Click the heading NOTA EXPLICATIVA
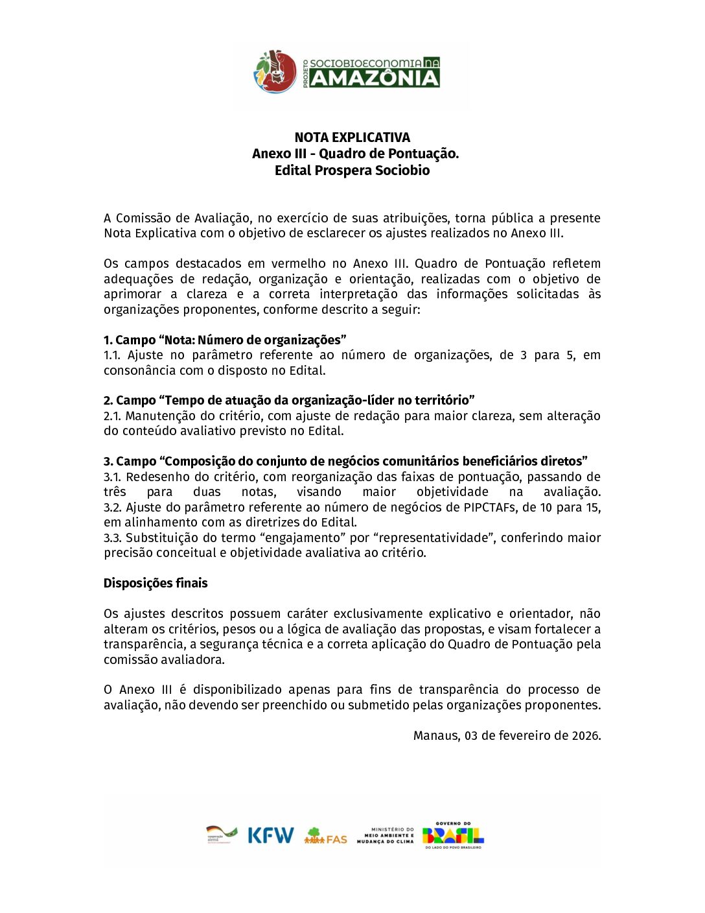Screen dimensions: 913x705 tap(352, 137)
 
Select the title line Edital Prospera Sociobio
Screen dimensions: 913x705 tap(352, 171)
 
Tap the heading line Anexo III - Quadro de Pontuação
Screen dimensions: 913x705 tap(355, 154)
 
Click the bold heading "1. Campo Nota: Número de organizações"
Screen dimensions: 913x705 tap(225, 340)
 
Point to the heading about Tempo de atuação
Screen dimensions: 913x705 tap(289, 400)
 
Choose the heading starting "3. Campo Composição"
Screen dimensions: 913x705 tap(345, 461)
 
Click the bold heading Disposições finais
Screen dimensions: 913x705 tap(156, 583)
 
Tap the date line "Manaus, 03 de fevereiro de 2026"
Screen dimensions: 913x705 tap(507, 735)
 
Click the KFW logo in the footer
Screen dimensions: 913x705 tap(270, 835)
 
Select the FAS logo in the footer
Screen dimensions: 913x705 tap(325, 836)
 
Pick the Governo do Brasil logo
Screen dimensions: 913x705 tap(453, 835)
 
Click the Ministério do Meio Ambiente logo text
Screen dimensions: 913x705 tap(386, 835)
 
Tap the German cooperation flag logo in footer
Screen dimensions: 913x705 tap(222, 835)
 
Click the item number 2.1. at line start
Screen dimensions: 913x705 tap(112, 416)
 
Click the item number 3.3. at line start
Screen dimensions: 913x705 tap(113, 538)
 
